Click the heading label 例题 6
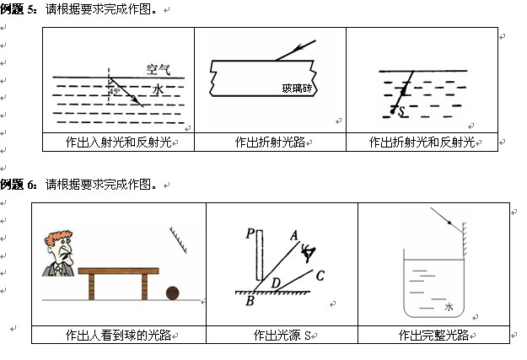coord(18,184)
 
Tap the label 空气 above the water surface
coord(158,69)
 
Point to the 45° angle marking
coord(114,91)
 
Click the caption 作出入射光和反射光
coord(118,142)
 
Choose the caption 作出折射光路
coord(270,142)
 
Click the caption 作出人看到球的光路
coord(118,335)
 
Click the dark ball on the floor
coord(172,293)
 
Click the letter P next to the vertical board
coord(250,234)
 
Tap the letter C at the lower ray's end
coord(320,275)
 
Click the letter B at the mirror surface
coord(250,301)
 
